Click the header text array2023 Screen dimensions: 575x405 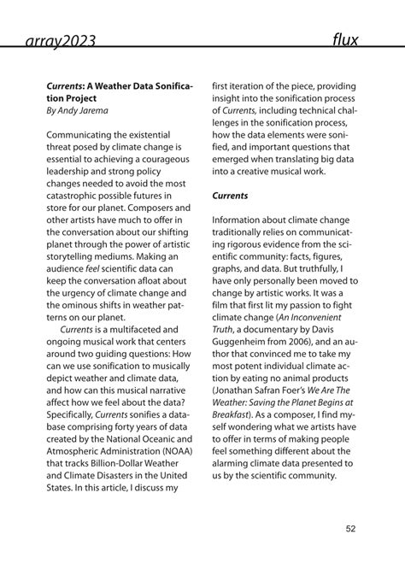pyautogui.click(x=59, y=39)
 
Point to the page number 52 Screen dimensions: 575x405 pyautogui.click(x=350, y=529)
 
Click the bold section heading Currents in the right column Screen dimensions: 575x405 pyautogui.click(x=231, y=195)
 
